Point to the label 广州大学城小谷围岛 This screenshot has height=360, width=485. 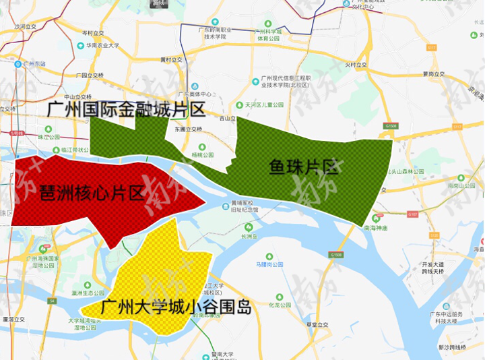(x=176, y=308)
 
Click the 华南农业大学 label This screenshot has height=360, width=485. (x=102, y=46)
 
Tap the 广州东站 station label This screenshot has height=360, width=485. (x=34, y=63)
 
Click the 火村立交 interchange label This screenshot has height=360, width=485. (x=354, y=65)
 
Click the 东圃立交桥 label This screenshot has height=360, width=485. (x=188, y=129)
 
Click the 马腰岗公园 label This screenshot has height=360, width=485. (x=269, y=264)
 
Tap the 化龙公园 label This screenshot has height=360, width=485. (x=278, y=305)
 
